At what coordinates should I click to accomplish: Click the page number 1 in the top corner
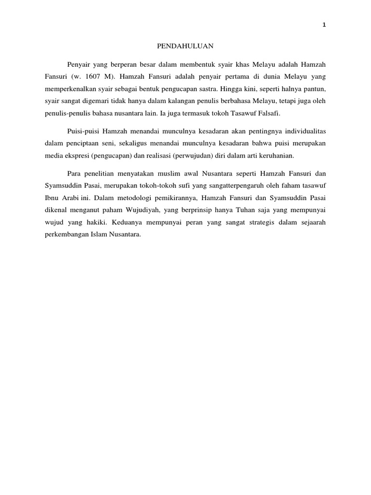pos(324,26)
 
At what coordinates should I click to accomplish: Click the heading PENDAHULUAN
pos(186,46)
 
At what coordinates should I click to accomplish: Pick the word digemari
pos(100,102)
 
